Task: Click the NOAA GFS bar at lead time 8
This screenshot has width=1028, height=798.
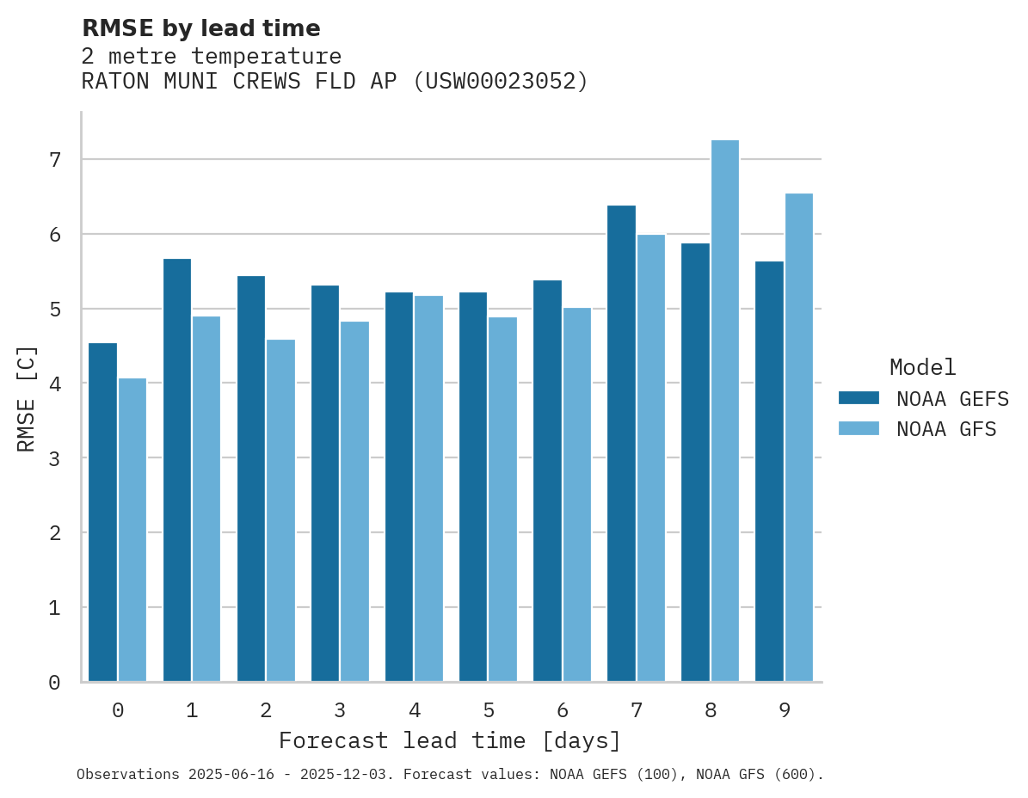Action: (x=725, y=411)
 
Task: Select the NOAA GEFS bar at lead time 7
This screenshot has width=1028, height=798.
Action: (x=621, y=444)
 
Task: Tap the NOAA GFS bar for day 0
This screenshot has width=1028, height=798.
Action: (x=132, y=530)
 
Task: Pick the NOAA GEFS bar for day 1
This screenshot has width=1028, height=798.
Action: (x=176, y=470)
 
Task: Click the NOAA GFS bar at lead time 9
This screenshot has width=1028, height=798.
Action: (x=799, y=438)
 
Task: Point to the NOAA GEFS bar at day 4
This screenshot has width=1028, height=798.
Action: (x=399, y=487)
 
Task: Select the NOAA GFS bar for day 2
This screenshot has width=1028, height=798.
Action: (x=280, y=511)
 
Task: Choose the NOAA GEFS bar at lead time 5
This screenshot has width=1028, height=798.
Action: (x=473, y=487)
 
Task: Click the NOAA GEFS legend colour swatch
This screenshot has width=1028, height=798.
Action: (x=859, y=398)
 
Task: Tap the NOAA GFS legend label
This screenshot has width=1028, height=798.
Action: (x=946, y=429)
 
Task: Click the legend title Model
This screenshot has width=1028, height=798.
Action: (x=922, y=367)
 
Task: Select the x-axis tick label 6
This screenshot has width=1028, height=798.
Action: (x=563, y=710)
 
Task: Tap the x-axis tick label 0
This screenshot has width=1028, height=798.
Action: (x=118, y=710)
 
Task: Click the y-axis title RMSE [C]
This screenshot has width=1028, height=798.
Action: (x=27, y=398)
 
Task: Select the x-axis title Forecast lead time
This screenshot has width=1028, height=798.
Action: (x=449, y=740)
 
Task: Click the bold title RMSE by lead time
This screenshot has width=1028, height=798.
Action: (x=200, y=28)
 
